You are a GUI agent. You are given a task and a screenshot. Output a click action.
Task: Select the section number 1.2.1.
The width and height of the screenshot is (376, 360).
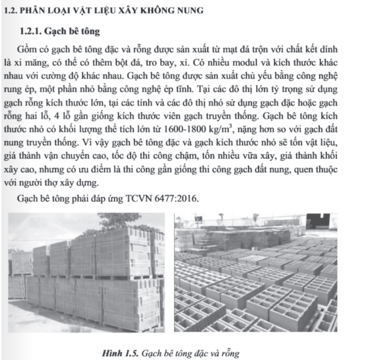33,32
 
